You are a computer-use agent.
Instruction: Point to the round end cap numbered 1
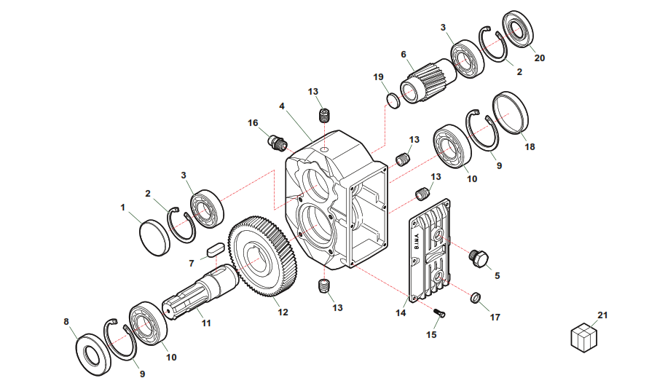pyautogui.click(x=154, y=237)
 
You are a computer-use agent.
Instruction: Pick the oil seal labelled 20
pyautogui.click(x=518, y=31)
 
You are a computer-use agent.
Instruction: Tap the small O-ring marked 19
pyautogui.click(x=392, y=101)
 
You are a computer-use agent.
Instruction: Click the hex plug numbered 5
pyautogui.click(x=480, y=258)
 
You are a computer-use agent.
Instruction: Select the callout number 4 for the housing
pyautogui.click(x=282, y=106)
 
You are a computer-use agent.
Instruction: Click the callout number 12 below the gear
pyautogui.click(x=283, y=312)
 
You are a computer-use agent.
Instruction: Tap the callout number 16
pyautogui.click(x=253, y=123)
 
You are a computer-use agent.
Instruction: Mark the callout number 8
pyautogui.click(x=66, y=321)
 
